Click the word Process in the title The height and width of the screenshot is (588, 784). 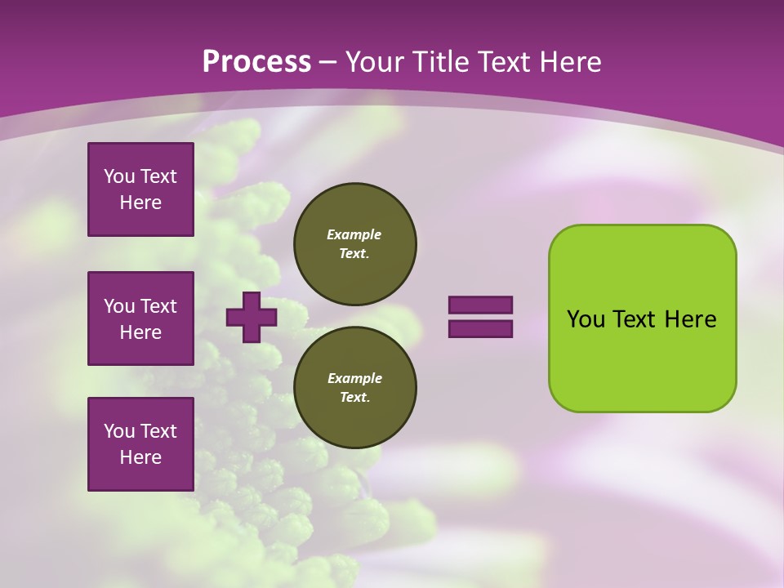(x=256, y=62)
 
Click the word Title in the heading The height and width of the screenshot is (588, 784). (x=439, y=62)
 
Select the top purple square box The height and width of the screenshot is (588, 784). (x=140, y=189)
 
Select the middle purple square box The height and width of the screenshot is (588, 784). (x=140, y=318)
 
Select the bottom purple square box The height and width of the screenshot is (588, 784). (x=140, y=444)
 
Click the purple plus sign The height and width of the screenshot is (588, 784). (x=251, y=317)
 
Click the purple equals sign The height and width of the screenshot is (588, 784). (x=480, y=317)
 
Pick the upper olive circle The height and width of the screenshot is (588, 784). (x=354, y=243)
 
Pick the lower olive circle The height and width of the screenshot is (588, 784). (x=354, y=387)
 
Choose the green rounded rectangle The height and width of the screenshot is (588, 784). (x=642, y=318)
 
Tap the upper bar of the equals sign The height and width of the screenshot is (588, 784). (x=480, y=305)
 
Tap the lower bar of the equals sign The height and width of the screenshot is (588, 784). (x=480, y=329)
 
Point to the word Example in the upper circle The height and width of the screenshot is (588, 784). (x=354, y=234)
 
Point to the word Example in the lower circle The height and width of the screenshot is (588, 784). (x=354, y=378)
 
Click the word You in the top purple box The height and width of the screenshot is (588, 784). (x=118, y=176)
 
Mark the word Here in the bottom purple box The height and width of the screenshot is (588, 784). (x=140, y=457)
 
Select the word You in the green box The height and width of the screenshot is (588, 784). (x=586, y=319)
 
